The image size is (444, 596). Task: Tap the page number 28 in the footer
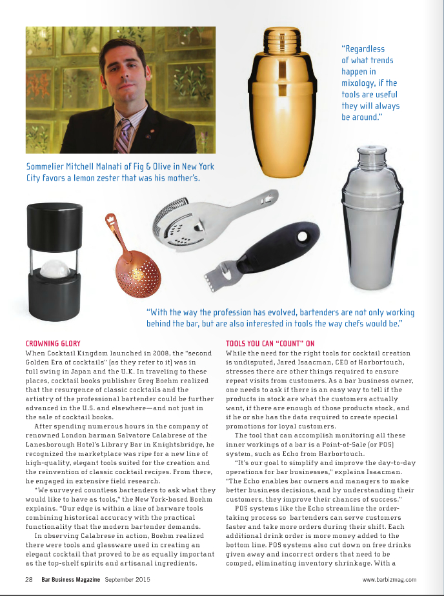[30, 579]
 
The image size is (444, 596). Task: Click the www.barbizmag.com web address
[389, 579]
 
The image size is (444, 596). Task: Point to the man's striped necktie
[125, 132]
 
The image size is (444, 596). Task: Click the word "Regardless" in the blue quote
[363, 48]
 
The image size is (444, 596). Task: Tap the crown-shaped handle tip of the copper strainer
[109, 221]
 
